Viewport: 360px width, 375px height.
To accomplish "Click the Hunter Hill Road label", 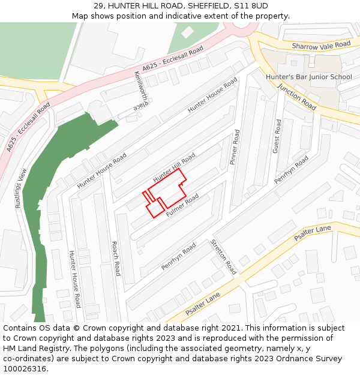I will tap(174, 168).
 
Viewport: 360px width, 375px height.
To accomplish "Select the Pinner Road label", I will tap(235, 147).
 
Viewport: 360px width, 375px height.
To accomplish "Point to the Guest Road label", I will tap(277, 136).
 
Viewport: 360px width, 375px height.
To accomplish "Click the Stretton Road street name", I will tap(223, 256).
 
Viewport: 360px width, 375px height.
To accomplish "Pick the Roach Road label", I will tap(116, 259).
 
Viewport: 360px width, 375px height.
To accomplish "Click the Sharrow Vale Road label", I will tap(321, 45).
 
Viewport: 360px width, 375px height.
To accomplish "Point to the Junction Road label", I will tap(297, 96).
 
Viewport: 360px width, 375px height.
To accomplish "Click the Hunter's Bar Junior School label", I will tap(308, 77).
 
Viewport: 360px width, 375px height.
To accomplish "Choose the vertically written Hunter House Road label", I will tap(74, 279).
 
